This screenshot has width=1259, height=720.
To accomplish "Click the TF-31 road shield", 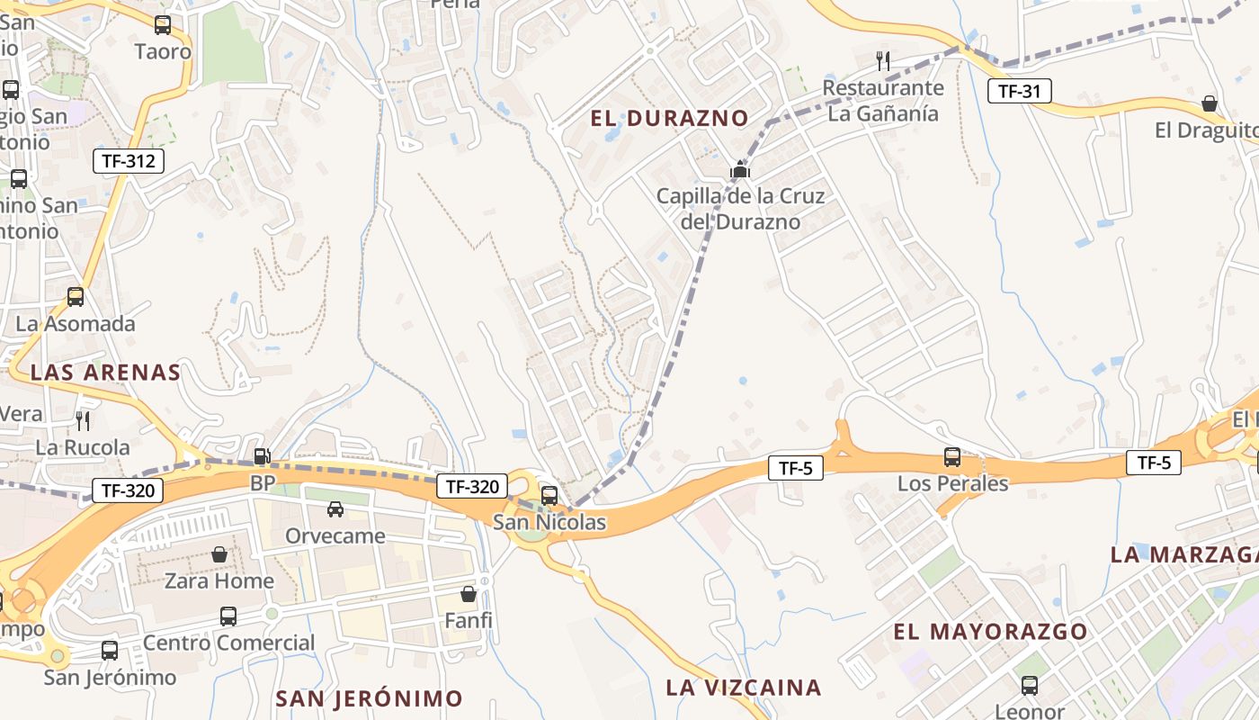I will coord(1019,90).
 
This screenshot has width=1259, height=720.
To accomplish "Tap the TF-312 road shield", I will coord(129,162).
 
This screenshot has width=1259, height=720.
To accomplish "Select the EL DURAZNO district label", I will coord(669,118).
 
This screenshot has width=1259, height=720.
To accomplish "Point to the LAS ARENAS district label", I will coord(105,373).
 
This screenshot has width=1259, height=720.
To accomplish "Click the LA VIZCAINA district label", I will coord(744,688).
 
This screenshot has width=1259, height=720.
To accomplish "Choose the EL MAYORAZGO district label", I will coord(990,632).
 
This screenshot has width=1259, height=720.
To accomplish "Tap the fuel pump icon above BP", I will coord(262,457).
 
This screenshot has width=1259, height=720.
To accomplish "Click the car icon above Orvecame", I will coord(335,509).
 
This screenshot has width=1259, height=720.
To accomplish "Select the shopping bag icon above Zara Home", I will coord(219,554).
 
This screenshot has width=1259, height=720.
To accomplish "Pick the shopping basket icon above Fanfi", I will coord(469,594).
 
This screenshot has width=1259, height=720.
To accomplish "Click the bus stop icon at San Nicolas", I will coord(549,495).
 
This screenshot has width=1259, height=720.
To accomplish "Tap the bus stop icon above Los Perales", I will coord(952,457).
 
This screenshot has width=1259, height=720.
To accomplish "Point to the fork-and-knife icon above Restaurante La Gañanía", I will coord(883,61).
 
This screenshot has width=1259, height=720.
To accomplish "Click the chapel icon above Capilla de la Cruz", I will coord(740,169).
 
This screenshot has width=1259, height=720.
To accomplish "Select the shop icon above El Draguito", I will coord(1210,103).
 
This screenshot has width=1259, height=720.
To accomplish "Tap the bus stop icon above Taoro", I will coord(163,25).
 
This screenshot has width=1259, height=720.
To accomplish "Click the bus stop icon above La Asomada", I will coord(76,297).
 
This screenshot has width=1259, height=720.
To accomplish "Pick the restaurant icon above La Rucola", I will coord(83,420).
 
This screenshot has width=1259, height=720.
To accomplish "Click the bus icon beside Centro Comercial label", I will coord(228,616).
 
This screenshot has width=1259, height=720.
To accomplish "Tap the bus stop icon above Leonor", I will coord(1030,686).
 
